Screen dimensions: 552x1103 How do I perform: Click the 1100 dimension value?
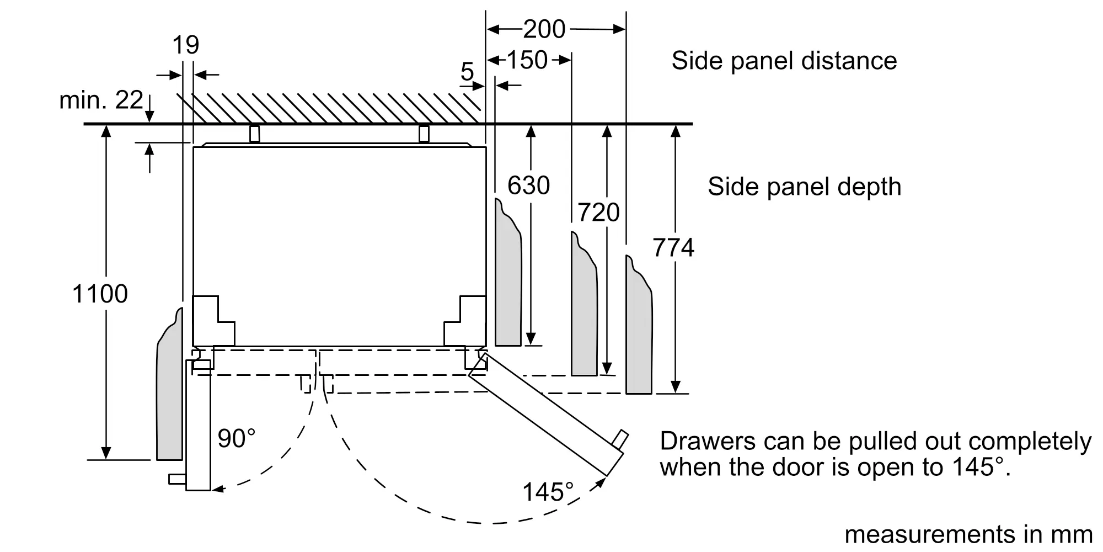(100, 294)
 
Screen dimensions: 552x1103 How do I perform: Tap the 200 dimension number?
(544, 29)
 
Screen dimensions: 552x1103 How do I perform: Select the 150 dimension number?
(527, 60)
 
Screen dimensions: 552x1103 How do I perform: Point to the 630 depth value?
(528, 185)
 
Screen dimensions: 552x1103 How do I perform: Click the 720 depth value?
(598, 213)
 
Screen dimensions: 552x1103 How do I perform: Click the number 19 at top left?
(185, 45)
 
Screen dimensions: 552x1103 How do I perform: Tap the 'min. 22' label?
(101, 100)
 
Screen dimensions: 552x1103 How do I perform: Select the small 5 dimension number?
(467, 72)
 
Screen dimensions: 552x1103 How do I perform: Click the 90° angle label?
(237, 439)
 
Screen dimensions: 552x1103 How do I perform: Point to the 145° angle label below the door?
(548, 492)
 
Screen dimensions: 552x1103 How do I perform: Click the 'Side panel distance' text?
(784, 61)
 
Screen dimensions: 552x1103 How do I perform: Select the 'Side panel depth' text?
(804, 187)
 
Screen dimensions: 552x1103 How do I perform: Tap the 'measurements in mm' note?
(968, 534)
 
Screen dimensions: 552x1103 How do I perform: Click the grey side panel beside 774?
(639, 331)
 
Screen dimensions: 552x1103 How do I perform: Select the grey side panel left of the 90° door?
(169, 392)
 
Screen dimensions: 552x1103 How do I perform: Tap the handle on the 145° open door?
(620, 440)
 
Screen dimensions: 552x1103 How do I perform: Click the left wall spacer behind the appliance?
(254, 134)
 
